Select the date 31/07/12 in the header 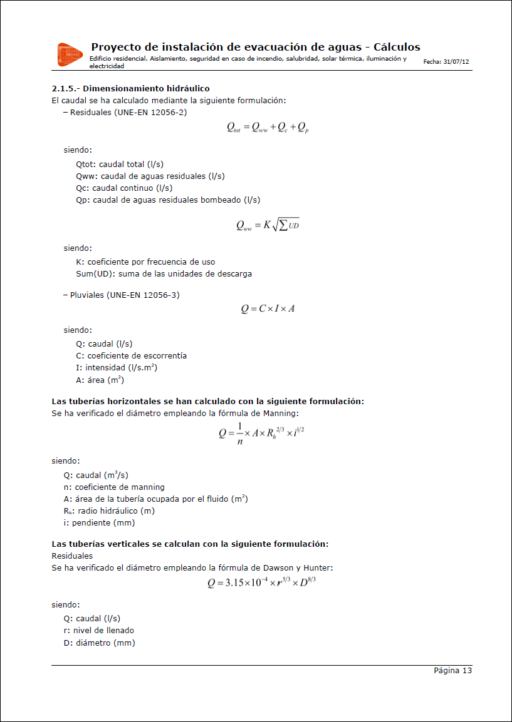click(x=456, y=63)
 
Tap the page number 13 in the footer click(x=467, y=671)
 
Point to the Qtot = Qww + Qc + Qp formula click(x=268, y=128)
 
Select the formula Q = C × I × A click(x=268, y=308)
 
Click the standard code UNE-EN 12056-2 click(x=150, y=113)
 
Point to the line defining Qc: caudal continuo click(x=124, y=188)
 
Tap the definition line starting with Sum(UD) click(x=164, y=274)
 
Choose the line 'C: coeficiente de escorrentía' click(x=131, y=356)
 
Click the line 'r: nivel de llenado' click(x=98, y=631)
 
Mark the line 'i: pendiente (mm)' click(x=99, y=523)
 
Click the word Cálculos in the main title click(x=397, y=48)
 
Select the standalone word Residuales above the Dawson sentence click(x=72, y=556)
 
